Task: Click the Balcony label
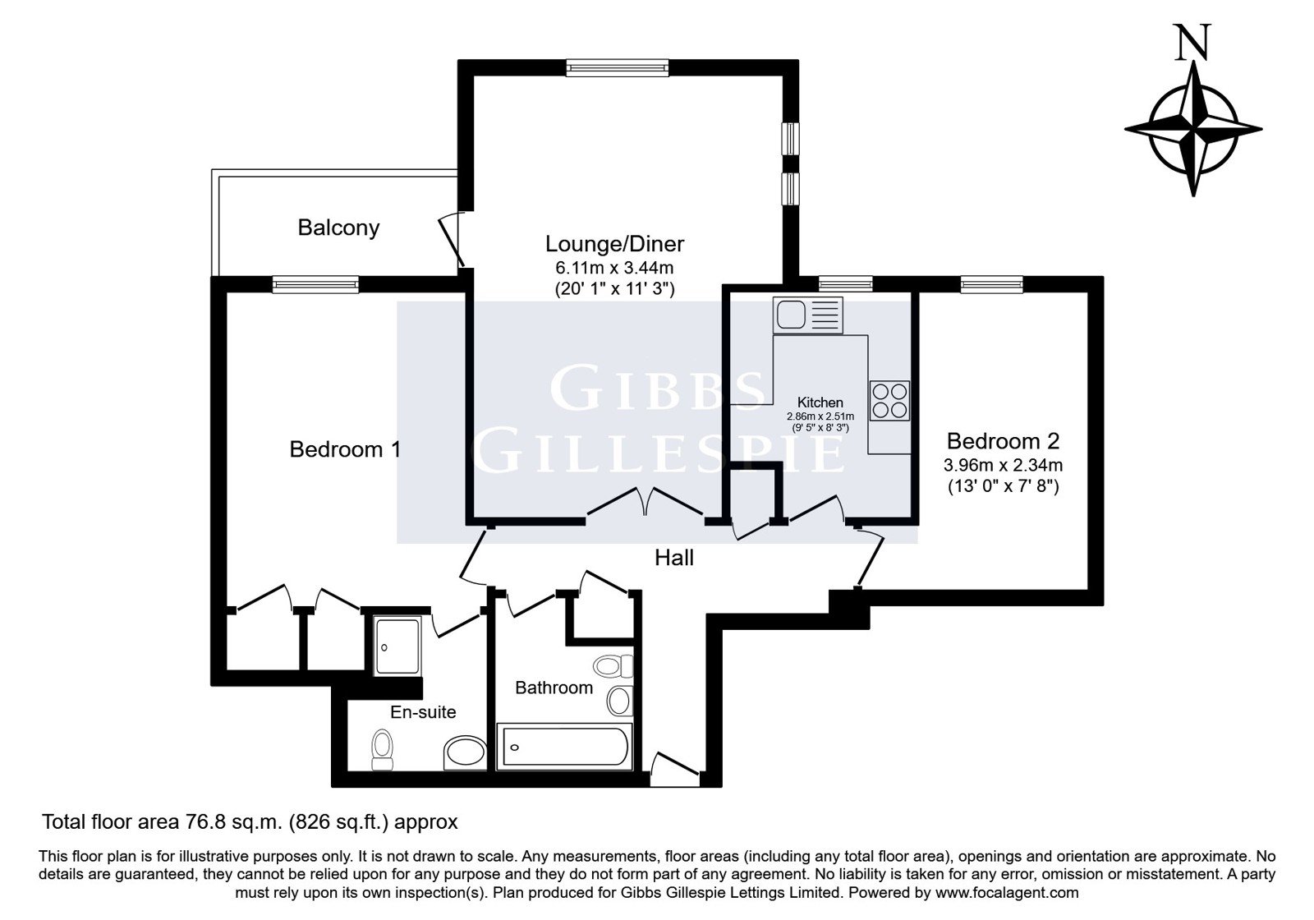click(x=338, y=228)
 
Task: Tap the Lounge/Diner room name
click(x=615, y=244)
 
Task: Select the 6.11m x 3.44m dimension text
click(x=615, y=268)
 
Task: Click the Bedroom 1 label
click(x=345, y=449)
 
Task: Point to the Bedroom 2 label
click(x=1003, y=440)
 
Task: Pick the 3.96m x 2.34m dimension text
click(x=1003, y=465)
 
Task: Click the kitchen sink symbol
click(x=808, y=315)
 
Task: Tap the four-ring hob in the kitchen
click(x=890, y=401)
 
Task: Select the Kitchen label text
click(x=820, y=402)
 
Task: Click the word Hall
click(x=674, y=558)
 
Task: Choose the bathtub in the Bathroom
click(x=564, y=747)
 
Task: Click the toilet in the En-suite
click(x=383, y=749)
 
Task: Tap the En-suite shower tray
click(x=397, y=646)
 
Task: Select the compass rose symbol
click(x=1193, y=131)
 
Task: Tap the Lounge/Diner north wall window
click(x=617, y=68)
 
